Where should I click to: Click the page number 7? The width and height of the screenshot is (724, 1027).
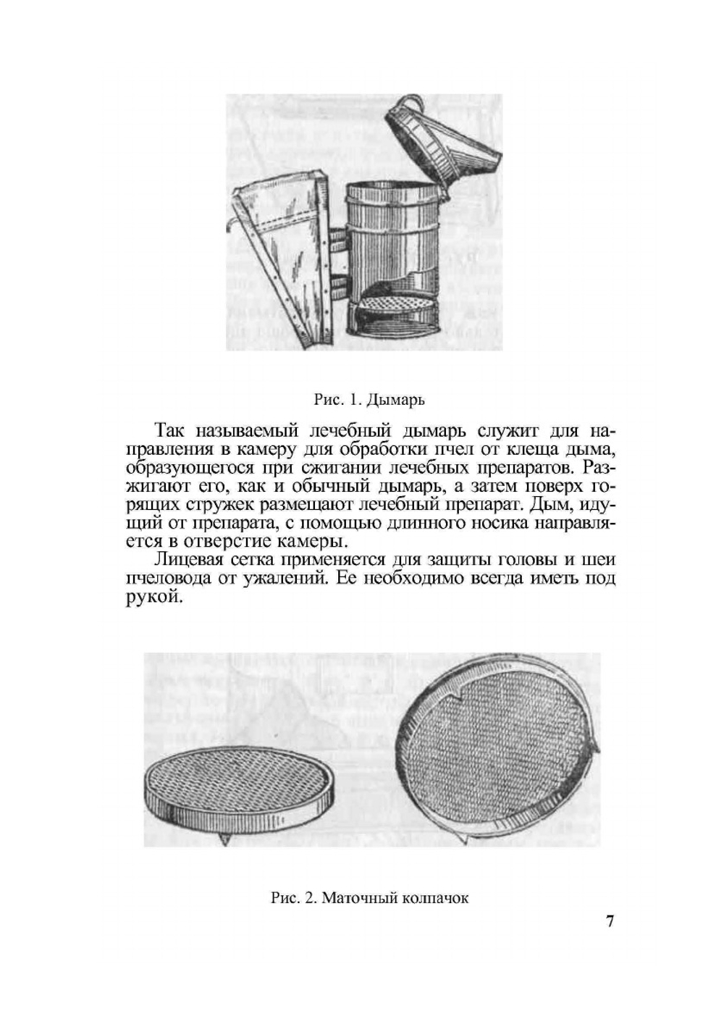pyautogui.click(x=610, y=922)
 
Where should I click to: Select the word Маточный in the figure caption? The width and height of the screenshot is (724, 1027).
pyautogui.click(x=355, y=899)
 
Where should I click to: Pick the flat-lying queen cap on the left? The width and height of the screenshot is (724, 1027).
pyautogui.click(x=239, y=789)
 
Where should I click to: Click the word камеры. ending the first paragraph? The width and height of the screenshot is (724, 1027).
pyautogui.click(x=308, y=541)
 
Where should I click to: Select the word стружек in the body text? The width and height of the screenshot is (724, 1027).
pyautogui.click(x=200, y=504)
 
